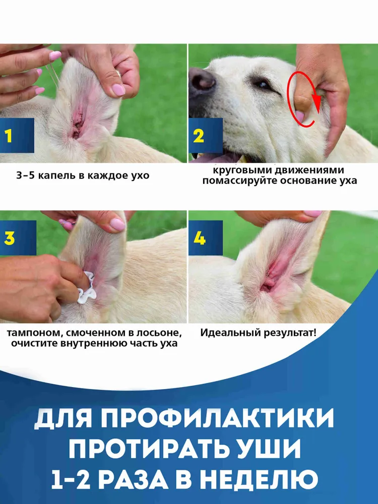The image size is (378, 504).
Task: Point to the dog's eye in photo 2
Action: click(262, 85)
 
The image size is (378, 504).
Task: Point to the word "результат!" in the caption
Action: click(290, 333)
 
